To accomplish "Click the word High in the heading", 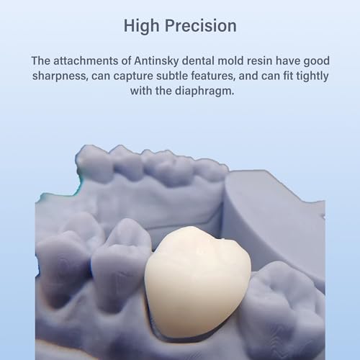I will (142, 26).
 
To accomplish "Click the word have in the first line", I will (295, 63).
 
